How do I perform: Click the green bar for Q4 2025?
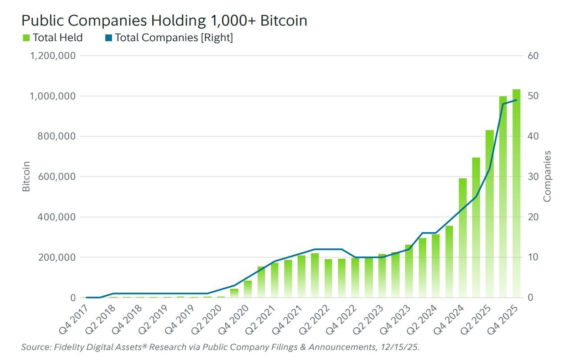click(x=516, y=193)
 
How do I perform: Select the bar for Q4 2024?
click(x=463, y=237)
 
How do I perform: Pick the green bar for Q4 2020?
click(x=248, y=289)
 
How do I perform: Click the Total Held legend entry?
click(x=53, y=38)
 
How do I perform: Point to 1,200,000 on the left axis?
click(x=53, y=56)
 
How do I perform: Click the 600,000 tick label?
click(x=56, y=176)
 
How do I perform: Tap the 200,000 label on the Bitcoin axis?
click(x=56, y=257)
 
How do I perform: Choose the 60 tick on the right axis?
click(x=533, y=56)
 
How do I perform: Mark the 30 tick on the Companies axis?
click(x=533, y=176)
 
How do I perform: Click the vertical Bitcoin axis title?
click(x=26, y=176)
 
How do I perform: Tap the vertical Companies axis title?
click(x=547, y=176)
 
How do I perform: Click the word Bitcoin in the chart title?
click(x=284, y=20)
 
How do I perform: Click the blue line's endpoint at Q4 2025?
click(x=516, y=100)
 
